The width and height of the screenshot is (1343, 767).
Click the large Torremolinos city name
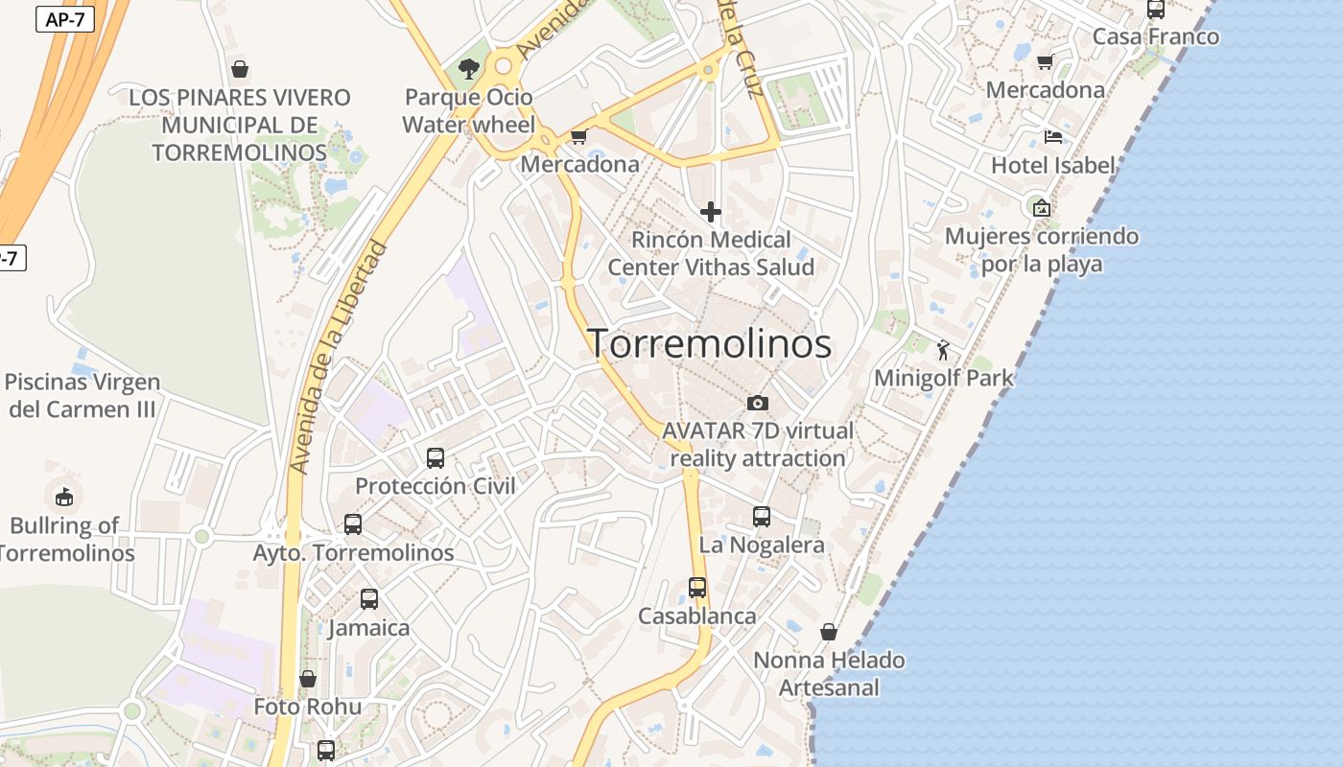click(709, 343)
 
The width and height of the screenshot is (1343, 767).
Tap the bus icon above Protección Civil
click(436, 458)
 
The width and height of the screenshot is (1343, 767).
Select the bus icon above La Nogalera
click(762, 517)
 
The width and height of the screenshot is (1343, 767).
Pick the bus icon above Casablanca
click(697, 588)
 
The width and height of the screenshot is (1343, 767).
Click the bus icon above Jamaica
click(369, 599)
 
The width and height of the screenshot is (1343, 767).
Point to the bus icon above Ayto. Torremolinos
click(353, 524)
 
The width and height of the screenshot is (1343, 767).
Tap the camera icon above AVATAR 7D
click(758, 403)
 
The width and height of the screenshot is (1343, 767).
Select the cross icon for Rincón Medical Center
click(711, 211)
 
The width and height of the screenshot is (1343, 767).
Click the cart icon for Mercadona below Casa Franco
click(1045, 62)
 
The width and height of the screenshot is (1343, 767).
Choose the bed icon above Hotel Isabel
click(1053, 137)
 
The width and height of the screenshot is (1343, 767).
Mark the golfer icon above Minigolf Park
click(943, 350)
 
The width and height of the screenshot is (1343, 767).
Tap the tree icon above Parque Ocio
click(469, 68)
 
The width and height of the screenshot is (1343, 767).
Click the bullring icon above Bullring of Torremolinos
click(63, 497)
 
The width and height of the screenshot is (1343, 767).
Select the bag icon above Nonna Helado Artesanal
click(829, 632)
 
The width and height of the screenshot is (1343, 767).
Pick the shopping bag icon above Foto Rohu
click(308, 679)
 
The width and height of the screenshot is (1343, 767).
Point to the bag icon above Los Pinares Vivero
click(240, 69)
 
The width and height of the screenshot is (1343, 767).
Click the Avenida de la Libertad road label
click(341, 358)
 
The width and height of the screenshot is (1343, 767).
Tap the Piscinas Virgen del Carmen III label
click(82, 395)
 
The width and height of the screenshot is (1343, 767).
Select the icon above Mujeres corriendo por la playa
click(1042, 207)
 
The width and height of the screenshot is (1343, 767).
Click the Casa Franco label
click(1156, 36)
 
